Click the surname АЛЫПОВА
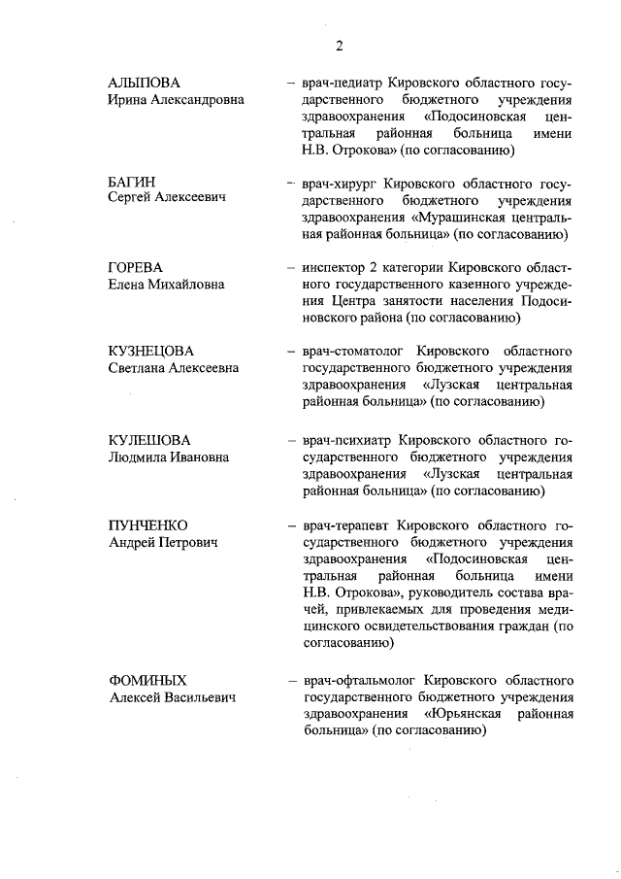click(x=145, y=83)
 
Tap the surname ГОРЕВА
click(x=136, y=267)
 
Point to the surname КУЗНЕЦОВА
click(x=150, y=352)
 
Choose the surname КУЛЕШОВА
click(x=149, y=440)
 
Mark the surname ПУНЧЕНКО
click(x=148, y=525)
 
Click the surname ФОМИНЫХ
click(x=147, y=680)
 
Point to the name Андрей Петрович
click(x=162, y=543)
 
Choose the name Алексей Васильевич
click(x=173, y=697)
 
